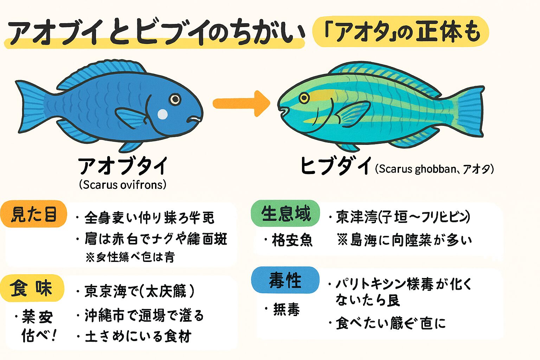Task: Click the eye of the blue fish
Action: [175, 99]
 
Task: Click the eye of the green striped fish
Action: [304, 97]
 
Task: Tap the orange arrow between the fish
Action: [241, 103]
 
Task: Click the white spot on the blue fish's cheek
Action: [162, 114]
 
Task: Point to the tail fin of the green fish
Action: [468, 112]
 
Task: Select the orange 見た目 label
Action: [34, 214]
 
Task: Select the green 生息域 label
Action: [285, 213]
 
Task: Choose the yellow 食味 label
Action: [32, 288]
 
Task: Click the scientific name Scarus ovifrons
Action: [123, 185]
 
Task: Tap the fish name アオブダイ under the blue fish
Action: [123, 166]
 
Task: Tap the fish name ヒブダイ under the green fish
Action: [335, 166]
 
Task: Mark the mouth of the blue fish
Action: [195, 120]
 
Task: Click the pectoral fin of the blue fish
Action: [131, 117]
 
